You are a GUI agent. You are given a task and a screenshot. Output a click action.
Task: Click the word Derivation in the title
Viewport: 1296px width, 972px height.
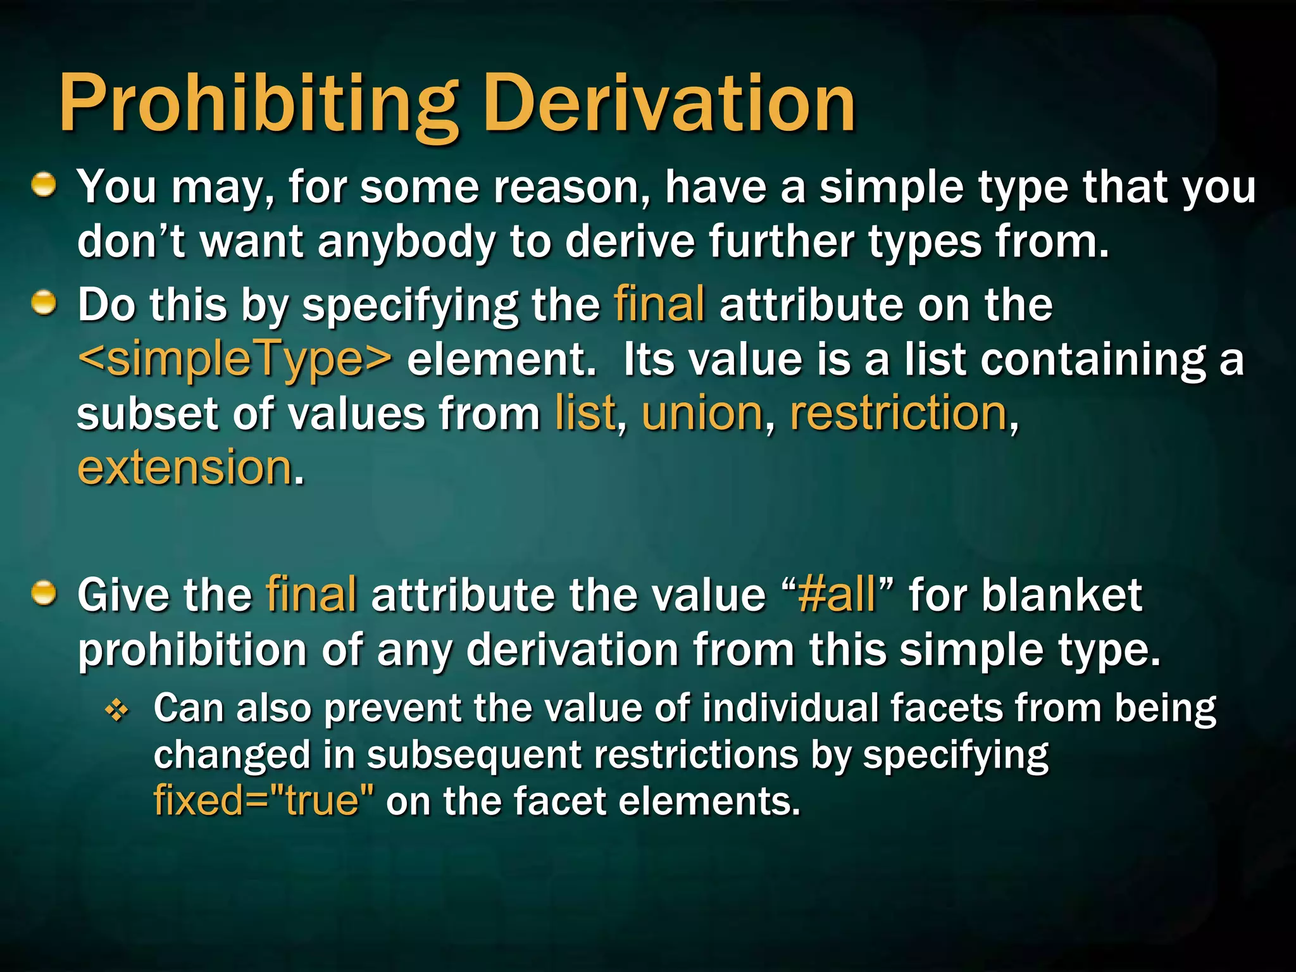coord(672,103)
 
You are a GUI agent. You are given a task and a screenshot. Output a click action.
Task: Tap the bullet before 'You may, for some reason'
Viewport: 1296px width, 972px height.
coord(44,185)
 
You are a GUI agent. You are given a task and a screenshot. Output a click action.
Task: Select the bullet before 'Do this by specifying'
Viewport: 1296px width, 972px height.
coord(44,303)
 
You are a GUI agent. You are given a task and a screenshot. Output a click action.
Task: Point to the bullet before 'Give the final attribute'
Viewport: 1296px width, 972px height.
coord(44,593)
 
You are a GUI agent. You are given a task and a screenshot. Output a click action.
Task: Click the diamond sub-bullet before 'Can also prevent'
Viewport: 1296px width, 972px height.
coord(116,711)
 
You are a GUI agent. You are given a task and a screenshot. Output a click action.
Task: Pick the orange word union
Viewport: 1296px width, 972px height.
coord(702,414)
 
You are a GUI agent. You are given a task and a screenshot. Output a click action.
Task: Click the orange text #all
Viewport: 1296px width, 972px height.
coord(837,595)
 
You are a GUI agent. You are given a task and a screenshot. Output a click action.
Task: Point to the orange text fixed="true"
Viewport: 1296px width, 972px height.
coord(263,801)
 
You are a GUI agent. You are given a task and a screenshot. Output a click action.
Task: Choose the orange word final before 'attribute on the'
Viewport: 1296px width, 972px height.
coord(659,304)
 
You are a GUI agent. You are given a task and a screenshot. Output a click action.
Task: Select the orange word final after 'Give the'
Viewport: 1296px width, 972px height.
coord(311,595)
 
